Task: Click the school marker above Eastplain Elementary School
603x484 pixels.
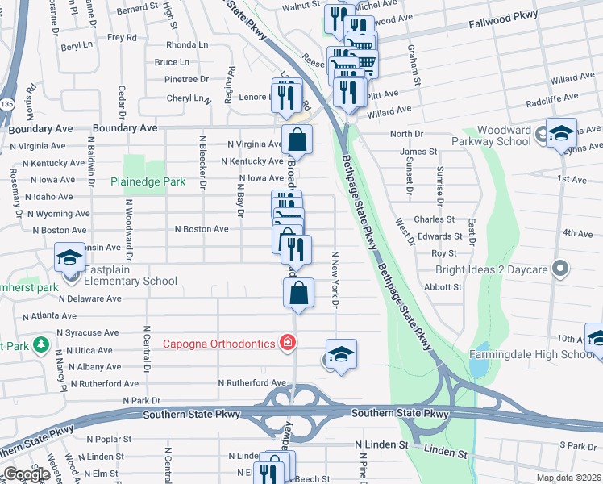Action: click(x=70, y=258)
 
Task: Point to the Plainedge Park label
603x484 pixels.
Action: click(x=148, y=182)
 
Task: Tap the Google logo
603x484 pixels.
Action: click(x=27, y=474)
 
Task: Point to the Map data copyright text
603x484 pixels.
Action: click(x=568, y=478)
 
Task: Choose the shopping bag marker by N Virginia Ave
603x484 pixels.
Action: click(x=297, y=139)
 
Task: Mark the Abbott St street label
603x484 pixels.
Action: click(x=443, y=286)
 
